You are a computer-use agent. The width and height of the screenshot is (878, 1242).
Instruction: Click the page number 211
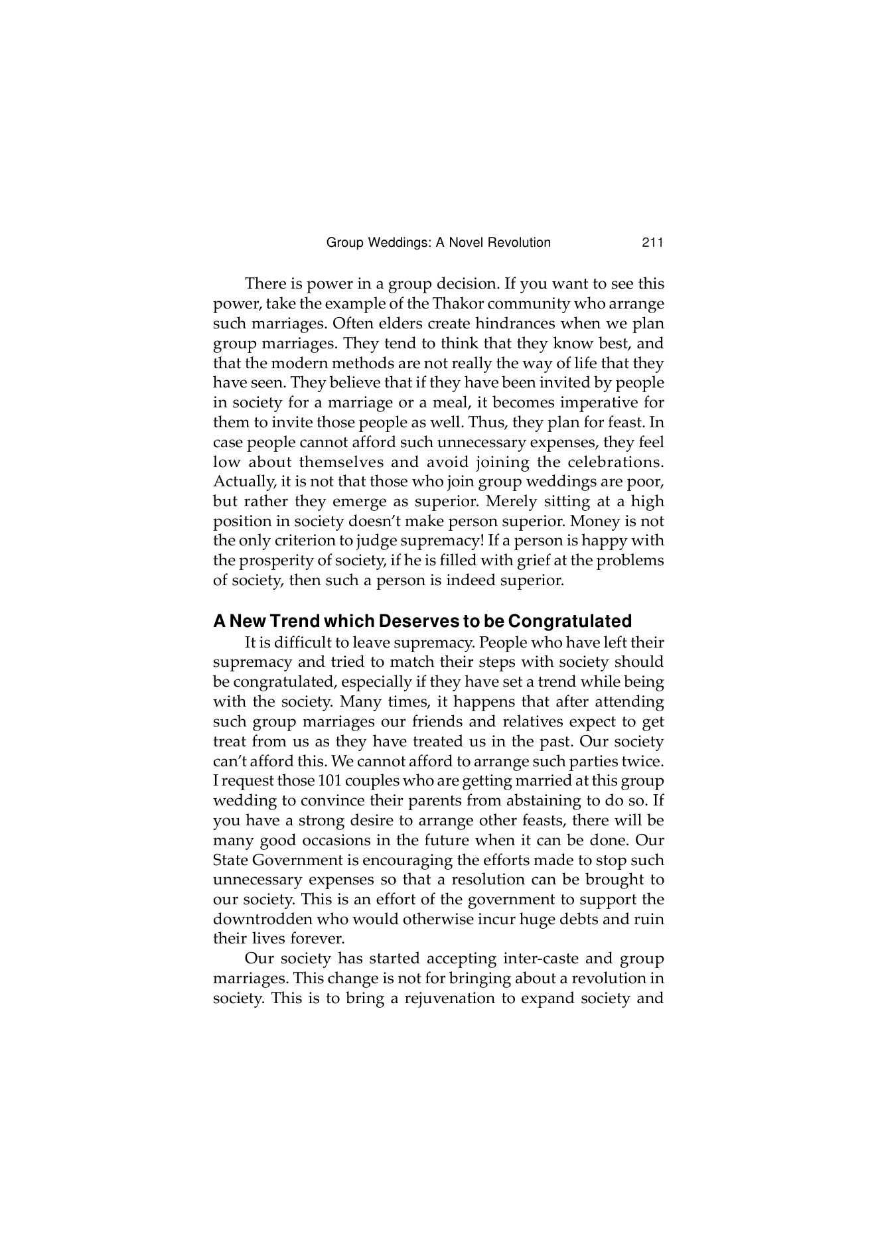[652, 243]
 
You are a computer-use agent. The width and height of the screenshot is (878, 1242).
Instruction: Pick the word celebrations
[615, 462]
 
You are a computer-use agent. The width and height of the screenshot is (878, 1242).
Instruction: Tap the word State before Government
[230, 861]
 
